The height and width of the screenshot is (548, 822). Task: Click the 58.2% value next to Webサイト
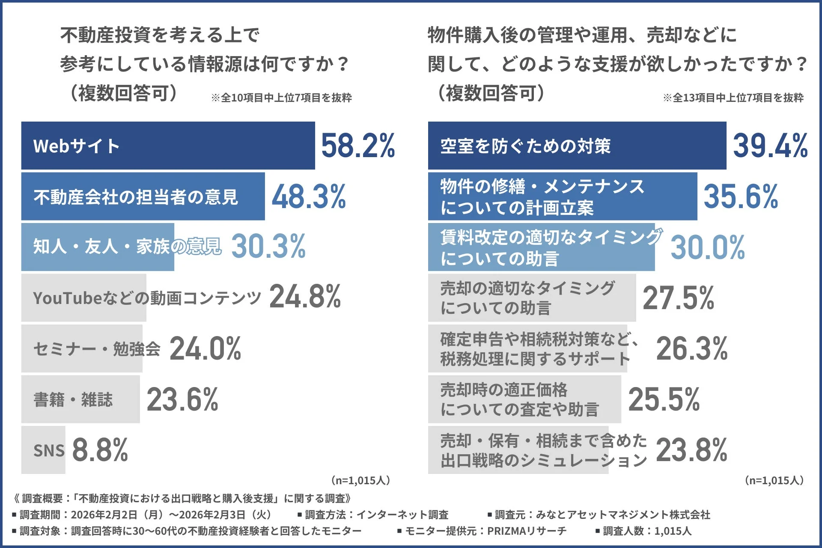pos(358,146)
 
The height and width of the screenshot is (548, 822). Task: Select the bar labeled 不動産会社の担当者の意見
pos(143,197)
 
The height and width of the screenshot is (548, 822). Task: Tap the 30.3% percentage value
pos(268,247)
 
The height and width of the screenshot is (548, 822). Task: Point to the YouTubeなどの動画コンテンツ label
pos(147,298)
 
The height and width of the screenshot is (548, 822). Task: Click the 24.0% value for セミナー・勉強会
pos(205,348)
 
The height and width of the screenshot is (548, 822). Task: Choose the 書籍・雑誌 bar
pos(80,399)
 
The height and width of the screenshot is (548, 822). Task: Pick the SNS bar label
pos(49,450)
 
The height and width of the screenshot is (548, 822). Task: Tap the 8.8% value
pos(100,450)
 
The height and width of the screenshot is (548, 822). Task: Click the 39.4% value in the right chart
pos(770,146)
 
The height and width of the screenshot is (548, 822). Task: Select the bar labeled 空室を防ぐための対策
pos(577,146)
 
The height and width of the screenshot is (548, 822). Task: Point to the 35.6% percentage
pos(741,197)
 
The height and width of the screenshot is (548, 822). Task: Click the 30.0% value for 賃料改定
pos(707,247)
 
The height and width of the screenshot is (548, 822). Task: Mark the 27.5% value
pos(678,298)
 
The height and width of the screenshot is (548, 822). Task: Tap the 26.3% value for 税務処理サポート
pos(691,348)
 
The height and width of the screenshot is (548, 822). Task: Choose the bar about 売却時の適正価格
pos(524,399)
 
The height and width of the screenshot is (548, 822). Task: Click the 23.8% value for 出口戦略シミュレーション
pos(691,450)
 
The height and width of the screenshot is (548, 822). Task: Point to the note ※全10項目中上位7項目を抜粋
pos(281,98)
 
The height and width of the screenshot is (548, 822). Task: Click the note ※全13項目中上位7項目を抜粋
pos(733,98)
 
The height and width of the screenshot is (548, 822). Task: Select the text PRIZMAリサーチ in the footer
pos(527,531)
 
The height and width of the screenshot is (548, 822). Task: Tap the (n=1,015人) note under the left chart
pos(360,480)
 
